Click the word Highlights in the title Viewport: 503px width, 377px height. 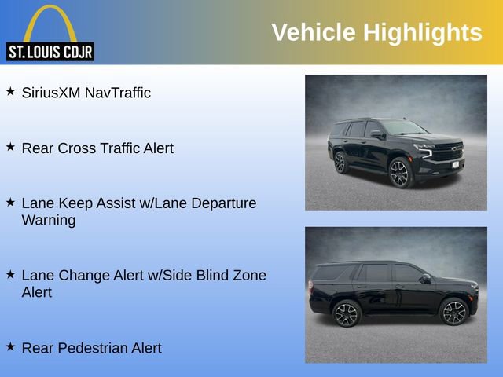coord(422,32)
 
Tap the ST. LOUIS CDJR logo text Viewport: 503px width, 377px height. coord(50,53)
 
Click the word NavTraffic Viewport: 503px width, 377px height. coord(117,93)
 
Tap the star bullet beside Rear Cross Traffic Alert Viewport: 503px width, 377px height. coord(11,147)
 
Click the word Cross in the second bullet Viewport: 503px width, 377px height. coord(78,148)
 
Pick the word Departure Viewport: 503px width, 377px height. coord(222,203)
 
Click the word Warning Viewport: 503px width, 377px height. coord(49,220)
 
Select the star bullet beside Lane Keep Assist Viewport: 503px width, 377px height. coord(11,202)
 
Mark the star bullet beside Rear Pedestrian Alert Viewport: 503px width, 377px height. coord(11,346)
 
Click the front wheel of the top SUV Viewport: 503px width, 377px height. coord(400,174)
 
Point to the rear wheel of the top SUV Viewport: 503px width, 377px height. coord(340,163)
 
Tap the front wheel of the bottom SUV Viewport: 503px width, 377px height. coord(453,313)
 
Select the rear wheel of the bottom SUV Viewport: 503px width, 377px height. coord(347,313)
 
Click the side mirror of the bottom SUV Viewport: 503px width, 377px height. coord(425,278)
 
